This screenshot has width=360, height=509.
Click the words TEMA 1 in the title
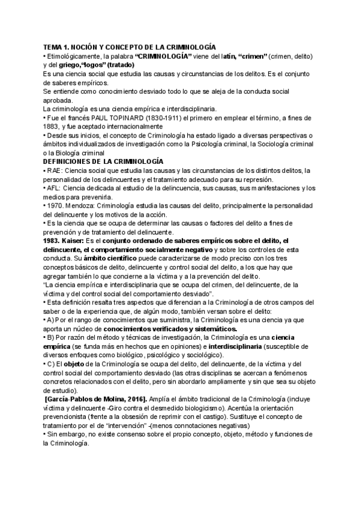57,47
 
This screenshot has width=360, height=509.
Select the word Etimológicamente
73,56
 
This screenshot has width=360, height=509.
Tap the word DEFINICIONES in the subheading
71,162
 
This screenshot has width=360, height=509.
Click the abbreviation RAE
53,171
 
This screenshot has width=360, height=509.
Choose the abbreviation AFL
53,188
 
